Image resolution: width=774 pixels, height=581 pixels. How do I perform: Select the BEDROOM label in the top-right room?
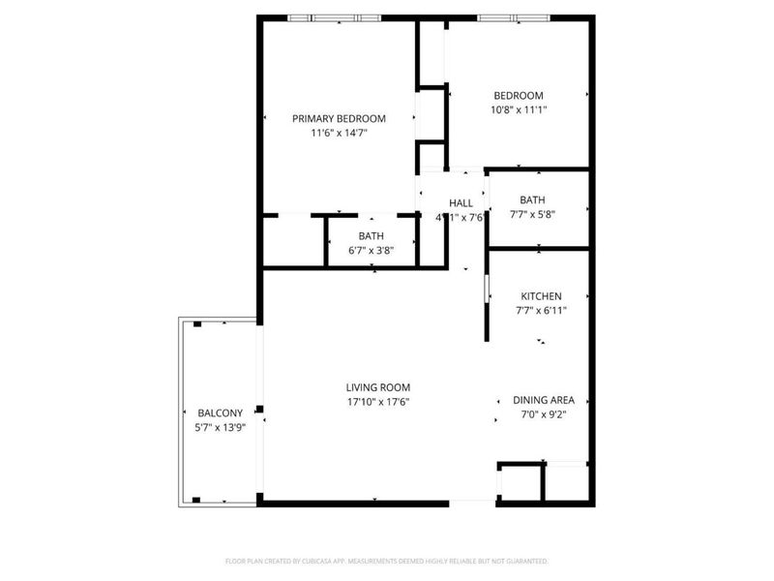(x=519, y=95)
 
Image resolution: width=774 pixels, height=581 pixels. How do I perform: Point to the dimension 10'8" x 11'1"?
(x=519, y=110)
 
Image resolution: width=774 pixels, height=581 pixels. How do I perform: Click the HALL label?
(x=461, y=202)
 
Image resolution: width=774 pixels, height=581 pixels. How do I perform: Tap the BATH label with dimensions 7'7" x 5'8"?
(x=532, y=200)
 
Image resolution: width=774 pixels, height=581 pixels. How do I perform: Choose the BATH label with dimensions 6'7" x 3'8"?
(x=372, y=235)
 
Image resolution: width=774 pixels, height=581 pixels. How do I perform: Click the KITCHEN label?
(x=541, y=295)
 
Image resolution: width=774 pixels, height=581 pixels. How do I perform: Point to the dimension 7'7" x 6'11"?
(x=541, y=311)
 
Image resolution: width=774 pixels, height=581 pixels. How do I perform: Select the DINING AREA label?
(x=544, y=400)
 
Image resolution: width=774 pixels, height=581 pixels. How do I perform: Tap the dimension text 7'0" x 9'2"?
(x=544, y=415)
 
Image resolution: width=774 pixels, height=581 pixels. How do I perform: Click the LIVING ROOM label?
(x=379, y=387)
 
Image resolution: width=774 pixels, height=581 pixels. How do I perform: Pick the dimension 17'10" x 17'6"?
(x=379, y=402)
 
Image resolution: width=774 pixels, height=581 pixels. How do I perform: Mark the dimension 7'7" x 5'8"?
(x=532, y=216)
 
